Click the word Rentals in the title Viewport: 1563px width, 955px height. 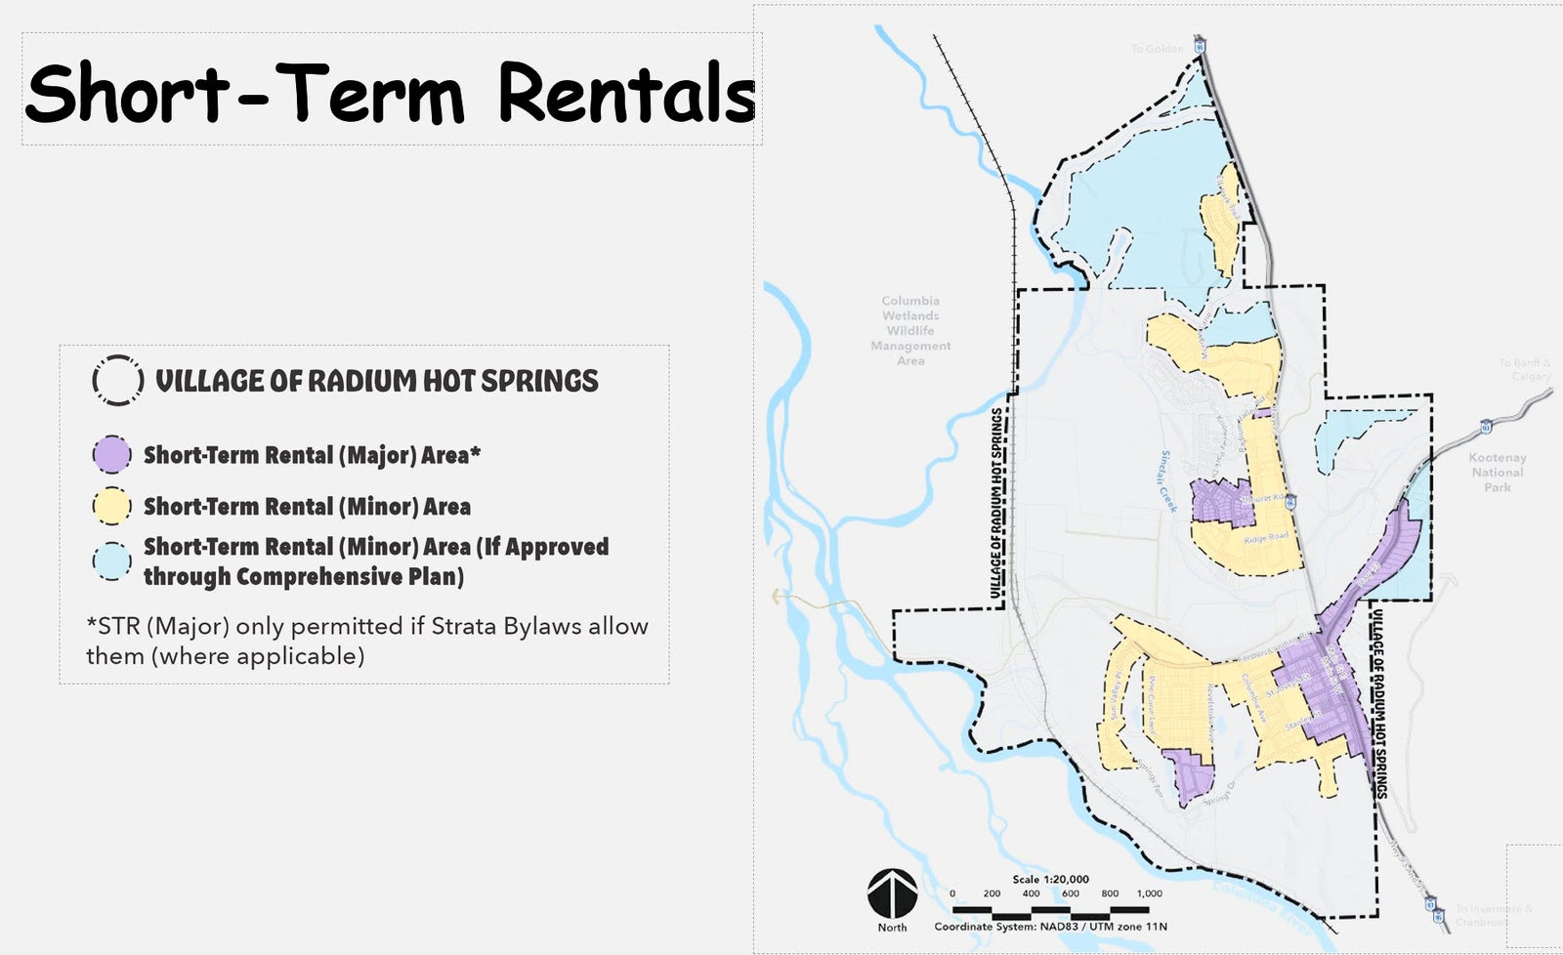click(x=626, y=94)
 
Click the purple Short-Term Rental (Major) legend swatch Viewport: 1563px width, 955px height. click(x=111, y=455)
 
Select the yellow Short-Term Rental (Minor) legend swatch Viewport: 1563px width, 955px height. click(x=111, y=507)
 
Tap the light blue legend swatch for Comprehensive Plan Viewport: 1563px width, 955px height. click(x=111, y=561)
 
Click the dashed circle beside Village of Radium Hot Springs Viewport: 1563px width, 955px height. click(x=118, y=380)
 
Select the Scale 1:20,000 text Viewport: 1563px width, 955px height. click(x=1050, y=880)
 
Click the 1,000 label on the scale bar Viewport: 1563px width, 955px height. click(x=1149, y=893)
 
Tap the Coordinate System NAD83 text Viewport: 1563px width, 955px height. click(x=1050, y=927)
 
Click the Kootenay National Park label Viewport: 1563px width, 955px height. click(x=1497, y=473)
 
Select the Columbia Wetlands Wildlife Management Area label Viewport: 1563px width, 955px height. click(x=910, y=330)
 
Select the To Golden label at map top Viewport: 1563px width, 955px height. click(x=1157, y=49)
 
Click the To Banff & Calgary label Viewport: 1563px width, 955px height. click(x=1525, y=369)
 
